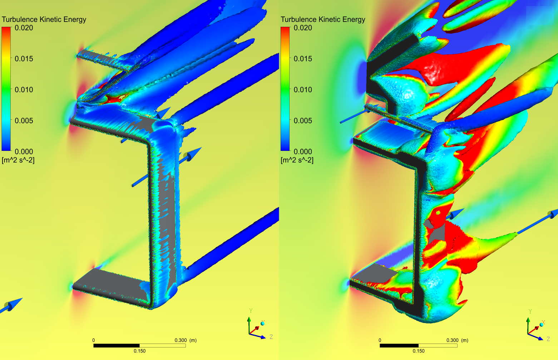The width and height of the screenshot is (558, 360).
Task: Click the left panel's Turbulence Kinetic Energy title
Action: [x=44, y=19]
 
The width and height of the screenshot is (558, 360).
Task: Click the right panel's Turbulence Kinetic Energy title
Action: [x=323, y=19]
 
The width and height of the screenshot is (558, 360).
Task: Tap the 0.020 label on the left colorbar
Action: [x=24, y=28]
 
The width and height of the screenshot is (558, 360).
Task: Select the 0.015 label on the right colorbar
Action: [x=303, y=59]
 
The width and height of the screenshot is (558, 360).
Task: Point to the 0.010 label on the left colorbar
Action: [x=24, y=90]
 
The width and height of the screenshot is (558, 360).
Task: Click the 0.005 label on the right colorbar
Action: [x=303, y=121]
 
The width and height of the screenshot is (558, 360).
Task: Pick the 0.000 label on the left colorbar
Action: [x=24, y=152]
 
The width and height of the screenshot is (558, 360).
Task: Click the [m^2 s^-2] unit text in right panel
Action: [x=297, y=160]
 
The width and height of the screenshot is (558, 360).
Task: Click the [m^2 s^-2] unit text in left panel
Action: [x=18, y=160]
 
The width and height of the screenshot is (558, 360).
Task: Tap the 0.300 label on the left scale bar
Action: [x=181, y=340]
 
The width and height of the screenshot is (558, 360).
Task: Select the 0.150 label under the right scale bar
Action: [x=419, y=351]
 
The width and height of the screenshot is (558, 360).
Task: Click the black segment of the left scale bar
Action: [x=116, y=346]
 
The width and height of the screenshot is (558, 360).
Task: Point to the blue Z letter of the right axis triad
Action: [x=548, y=339]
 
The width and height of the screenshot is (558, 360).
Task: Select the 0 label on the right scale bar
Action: [x=380, y=340]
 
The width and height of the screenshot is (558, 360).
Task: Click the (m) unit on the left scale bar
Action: [x=193, y=340]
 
